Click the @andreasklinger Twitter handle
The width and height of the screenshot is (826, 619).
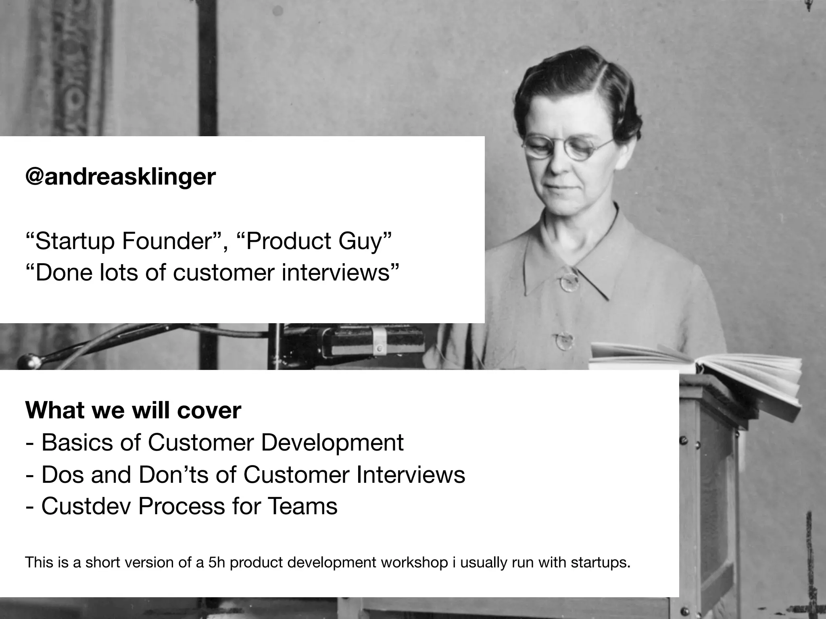click(120, 177)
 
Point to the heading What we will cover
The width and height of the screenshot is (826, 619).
click(133, 410)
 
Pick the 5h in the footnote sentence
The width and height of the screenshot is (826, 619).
click(216, 563)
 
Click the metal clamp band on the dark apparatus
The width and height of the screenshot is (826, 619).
click(379, 341)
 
